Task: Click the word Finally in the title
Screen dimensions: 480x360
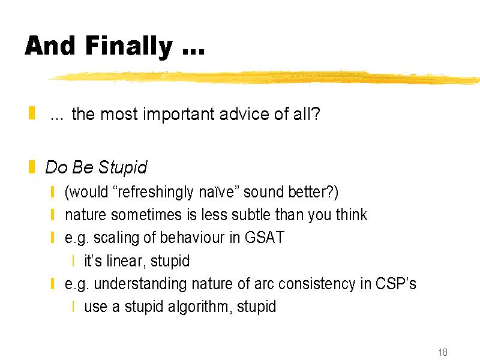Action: pos(129,46)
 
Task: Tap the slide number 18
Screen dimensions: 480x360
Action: pos(443,352)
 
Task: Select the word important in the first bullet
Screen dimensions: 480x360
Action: pos(179,114)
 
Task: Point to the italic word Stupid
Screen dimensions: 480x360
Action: pos(123,167)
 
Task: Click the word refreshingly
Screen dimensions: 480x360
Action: pos(155,192)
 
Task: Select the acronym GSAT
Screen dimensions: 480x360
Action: pos(265,238)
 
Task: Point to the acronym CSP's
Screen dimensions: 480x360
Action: pos(396,283)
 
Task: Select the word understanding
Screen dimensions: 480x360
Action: pos(140,284)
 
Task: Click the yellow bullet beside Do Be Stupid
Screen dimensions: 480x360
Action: pos(32,167)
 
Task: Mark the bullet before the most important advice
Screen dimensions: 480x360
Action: pos(32,113)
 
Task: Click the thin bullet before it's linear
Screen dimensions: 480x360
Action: pos(73,261)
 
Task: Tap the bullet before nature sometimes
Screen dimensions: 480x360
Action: pos(53,215)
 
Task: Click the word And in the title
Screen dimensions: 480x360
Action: pos(50,46)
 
